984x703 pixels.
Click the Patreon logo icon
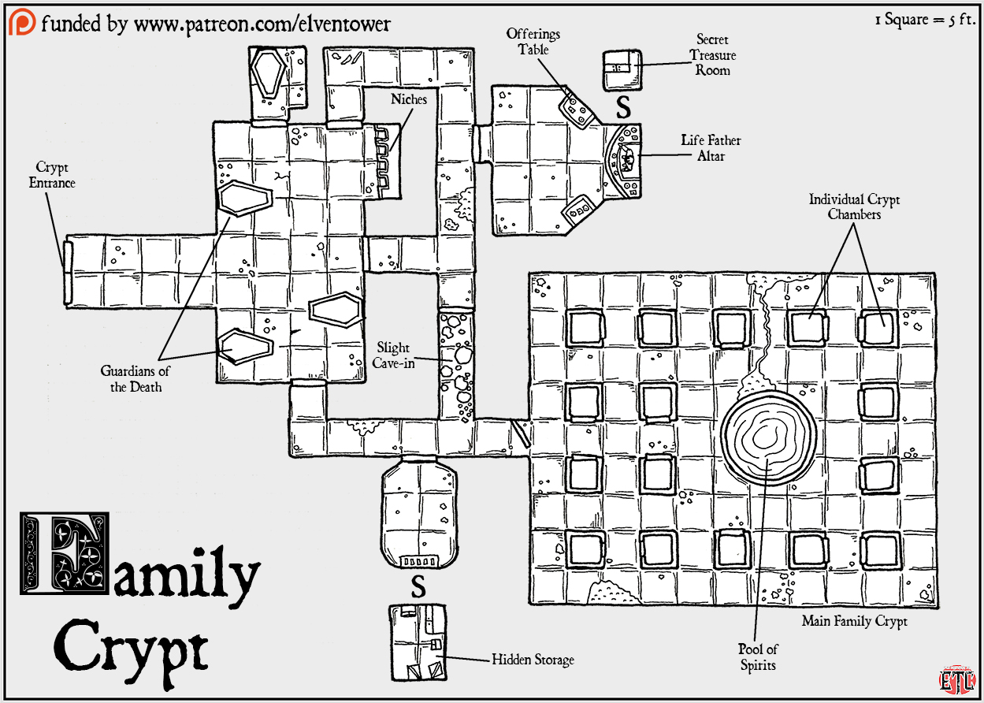22,22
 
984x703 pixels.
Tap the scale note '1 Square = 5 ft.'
925,20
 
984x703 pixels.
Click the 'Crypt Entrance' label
52,175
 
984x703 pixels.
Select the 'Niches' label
409,99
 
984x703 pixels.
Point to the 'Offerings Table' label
533,42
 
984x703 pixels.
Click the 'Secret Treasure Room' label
712,55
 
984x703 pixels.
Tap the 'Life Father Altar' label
711,148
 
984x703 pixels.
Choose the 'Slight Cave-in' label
393,355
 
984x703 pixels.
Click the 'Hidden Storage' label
533,660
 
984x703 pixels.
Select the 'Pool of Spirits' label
758,657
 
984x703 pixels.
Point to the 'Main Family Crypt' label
855,621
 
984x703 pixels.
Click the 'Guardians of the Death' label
136,379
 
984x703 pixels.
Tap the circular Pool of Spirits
770,436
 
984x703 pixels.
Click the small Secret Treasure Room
622,70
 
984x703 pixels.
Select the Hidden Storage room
418,642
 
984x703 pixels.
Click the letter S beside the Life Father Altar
623,107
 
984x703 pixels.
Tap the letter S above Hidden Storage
418,586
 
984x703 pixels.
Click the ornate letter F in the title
65,553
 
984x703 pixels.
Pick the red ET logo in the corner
957,679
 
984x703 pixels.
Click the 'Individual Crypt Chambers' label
854,207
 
